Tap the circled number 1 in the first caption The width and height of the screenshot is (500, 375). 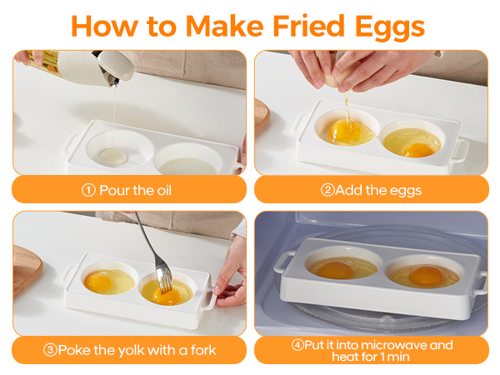point(88,190)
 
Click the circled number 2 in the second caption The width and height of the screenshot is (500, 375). point(327,190)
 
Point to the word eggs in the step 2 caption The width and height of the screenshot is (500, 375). point(403,190)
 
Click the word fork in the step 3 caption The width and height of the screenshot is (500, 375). point(200,350)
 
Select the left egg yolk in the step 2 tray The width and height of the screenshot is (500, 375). point(345,132)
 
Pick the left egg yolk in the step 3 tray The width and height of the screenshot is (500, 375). point(101,281)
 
